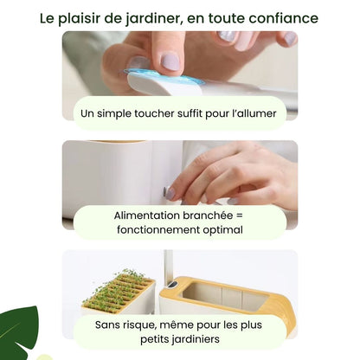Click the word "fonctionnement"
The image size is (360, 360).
154,230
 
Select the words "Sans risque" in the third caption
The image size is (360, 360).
115,325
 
